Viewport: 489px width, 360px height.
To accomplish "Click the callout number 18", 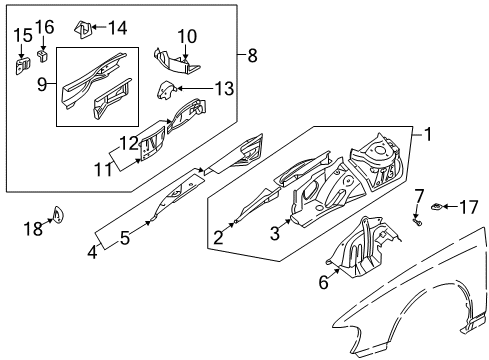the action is point(33,229).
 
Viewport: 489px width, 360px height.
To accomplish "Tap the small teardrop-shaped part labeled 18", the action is point(59,215).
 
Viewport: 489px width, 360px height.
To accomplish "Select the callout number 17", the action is point(469,207).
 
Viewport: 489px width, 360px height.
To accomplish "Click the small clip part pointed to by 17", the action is point(436,207).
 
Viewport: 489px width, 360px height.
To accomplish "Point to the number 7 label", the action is point(419,196).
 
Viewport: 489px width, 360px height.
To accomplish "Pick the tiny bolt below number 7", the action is point(417,221).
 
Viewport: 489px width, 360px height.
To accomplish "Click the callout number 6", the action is point(324,283).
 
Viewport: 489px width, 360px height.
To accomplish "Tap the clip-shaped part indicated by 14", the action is point(83,29).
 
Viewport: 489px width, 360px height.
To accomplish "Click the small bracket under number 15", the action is point(23,65).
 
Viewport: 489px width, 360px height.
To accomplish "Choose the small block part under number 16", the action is point(42,56).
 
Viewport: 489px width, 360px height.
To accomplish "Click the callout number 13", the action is point(224,89).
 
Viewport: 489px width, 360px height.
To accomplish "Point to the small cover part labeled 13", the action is point(165,90).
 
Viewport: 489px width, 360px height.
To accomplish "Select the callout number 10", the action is point(187,36).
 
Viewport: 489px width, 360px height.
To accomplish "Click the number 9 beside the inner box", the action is point(42,84).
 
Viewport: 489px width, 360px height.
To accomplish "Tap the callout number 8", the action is point(252,55).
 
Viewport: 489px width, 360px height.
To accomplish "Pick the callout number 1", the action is point(428,134).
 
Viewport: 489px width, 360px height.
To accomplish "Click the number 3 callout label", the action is point(275,233).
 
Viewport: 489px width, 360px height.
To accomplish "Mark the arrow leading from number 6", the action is point(334,273).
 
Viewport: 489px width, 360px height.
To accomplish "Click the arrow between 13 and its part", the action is point(194,89).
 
